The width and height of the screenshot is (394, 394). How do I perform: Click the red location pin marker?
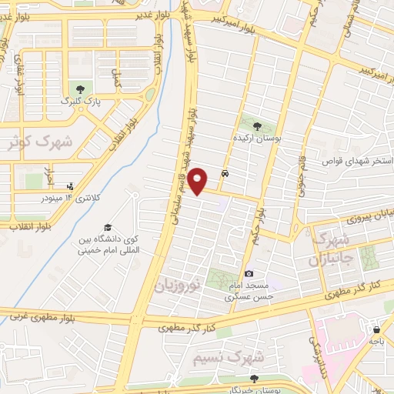[x=199, y=181]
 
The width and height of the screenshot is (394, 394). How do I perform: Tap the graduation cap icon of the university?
[x=108, y=228]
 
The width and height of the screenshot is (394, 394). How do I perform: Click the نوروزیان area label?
[x=179, y=283]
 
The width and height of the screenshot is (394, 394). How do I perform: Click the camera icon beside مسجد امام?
[x=249, y=274]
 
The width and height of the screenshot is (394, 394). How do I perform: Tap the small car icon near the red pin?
[x=224, y=174]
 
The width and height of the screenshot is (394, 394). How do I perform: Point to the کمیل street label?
[x=117, y=77]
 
